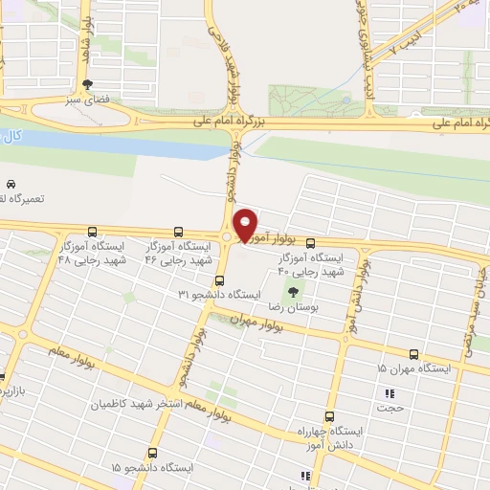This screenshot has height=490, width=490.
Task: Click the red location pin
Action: tap(246, 224)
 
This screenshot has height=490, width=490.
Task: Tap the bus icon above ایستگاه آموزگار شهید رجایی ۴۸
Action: tap(92, 232)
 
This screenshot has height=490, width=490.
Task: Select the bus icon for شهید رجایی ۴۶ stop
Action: tap(179, 232)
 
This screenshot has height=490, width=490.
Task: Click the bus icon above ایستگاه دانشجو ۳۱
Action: tap(219, 280)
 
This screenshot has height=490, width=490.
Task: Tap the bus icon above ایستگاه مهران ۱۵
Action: tap(413, 354)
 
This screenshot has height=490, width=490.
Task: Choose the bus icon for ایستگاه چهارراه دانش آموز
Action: tap(330, 416)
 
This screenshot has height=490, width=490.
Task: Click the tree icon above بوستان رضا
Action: tap(293, 292)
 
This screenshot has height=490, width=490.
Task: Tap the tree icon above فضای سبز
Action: tap(87, 83)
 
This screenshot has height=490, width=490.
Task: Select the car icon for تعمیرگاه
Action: tap(11, 183)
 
